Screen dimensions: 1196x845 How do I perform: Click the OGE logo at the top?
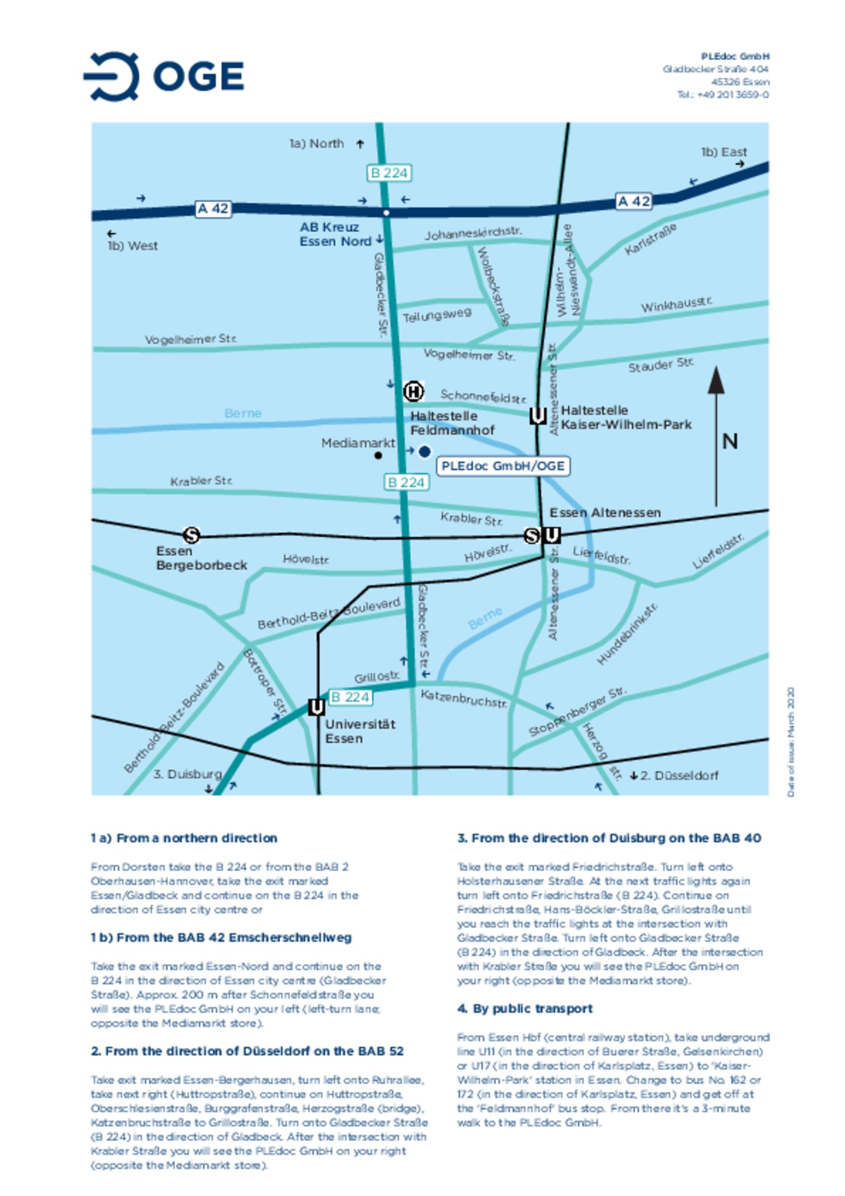pos(164,76)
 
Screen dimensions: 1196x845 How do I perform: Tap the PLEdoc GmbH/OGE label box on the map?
pos(502,466)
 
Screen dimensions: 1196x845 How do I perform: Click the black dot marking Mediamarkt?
pos(378,455)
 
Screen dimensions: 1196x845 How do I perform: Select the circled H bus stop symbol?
pos(413,391)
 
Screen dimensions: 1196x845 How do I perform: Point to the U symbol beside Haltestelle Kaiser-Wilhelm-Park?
pos(538,416)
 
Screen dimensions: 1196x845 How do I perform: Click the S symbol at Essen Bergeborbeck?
pos(191,535)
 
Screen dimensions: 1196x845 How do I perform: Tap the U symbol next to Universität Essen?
pos(316,707)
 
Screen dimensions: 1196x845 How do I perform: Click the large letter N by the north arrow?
pos(729,441)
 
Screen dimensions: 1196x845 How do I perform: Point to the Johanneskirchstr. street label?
pos(473,234)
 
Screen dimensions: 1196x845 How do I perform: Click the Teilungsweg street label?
pos(437,316)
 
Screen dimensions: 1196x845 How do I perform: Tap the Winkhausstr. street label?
pos(676,305)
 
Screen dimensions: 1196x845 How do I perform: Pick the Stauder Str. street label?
pos(661,365)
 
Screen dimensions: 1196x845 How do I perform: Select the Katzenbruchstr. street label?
pos(464,698)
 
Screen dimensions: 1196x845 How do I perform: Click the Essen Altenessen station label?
pos(604,513)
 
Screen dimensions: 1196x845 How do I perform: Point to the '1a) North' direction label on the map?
pos(317,144)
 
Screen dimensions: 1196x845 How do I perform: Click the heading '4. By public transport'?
pos(525,1008)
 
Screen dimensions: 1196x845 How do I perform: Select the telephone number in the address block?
pos(723,94)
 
